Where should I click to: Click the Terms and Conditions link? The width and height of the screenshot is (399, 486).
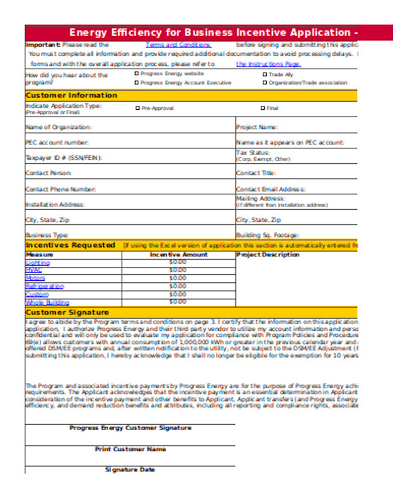[178, 45]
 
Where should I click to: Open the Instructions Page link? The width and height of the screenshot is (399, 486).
[269, 64]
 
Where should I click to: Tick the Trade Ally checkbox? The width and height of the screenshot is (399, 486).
[265, 74]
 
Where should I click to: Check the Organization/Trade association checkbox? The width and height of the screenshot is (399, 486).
[265, 83]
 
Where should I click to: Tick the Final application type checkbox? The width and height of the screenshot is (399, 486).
[263, 107]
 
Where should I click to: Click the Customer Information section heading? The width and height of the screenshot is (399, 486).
[71, 95]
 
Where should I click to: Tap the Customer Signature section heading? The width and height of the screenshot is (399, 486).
[66, 312]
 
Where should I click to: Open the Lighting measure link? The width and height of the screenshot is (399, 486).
[37, 262]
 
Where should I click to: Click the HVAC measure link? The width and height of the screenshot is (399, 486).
[33, 270]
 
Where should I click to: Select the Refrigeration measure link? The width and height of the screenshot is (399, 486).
[45, 286]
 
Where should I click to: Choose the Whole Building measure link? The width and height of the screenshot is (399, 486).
[47, 302]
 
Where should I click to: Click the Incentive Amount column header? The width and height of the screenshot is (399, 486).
[179, 254]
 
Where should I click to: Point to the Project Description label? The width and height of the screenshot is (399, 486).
[268, 254]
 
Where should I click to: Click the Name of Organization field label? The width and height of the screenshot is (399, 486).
[59, 126]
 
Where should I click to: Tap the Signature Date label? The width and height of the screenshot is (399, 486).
[130, 469]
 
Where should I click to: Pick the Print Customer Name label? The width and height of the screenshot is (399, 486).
[130, 449]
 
